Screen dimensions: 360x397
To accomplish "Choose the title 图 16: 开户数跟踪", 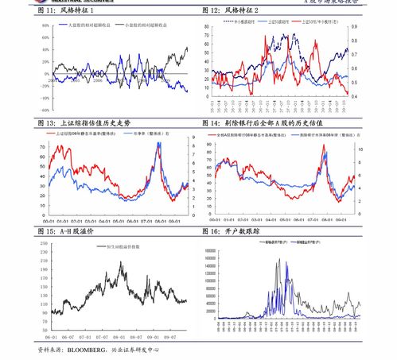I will pyautogui.click(x=232, y=231).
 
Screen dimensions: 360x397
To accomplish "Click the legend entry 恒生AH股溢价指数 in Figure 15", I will pyautogui.click(x=124, y=247).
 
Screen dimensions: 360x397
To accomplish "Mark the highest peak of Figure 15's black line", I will pyautogui.click(x=121, y=263).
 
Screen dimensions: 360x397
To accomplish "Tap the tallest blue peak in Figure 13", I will pyautogui.click(x=158, y=143).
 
